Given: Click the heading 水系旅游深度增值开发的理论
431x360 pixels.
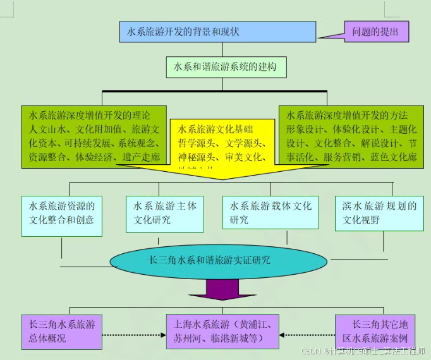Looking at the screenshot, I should click(88, 116).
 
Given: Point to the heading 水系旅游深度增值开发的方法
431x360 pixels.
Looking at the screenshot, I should click(347, 116).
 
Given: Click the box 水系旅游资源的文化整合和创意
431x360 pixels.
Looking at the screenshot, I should click(61, 213).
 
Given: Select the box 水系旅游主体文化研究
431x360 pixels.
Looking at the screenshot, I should click(165, 213).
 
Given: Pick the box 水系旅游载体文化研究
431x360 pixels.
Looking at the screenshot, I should click(270, 213).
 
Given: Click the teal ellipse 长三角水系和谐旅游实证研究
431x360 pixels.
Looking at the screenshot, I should click(209, 260).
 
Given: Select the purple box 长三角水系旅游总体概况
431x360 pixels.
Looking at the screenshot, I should click(61, 332).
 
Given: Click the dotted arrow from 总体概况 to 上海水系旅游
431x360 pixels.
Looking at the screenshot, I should click(133, 335).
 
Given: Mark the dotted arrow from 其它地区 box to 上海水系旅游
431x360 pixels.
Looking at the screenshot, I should click(307, 335).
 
